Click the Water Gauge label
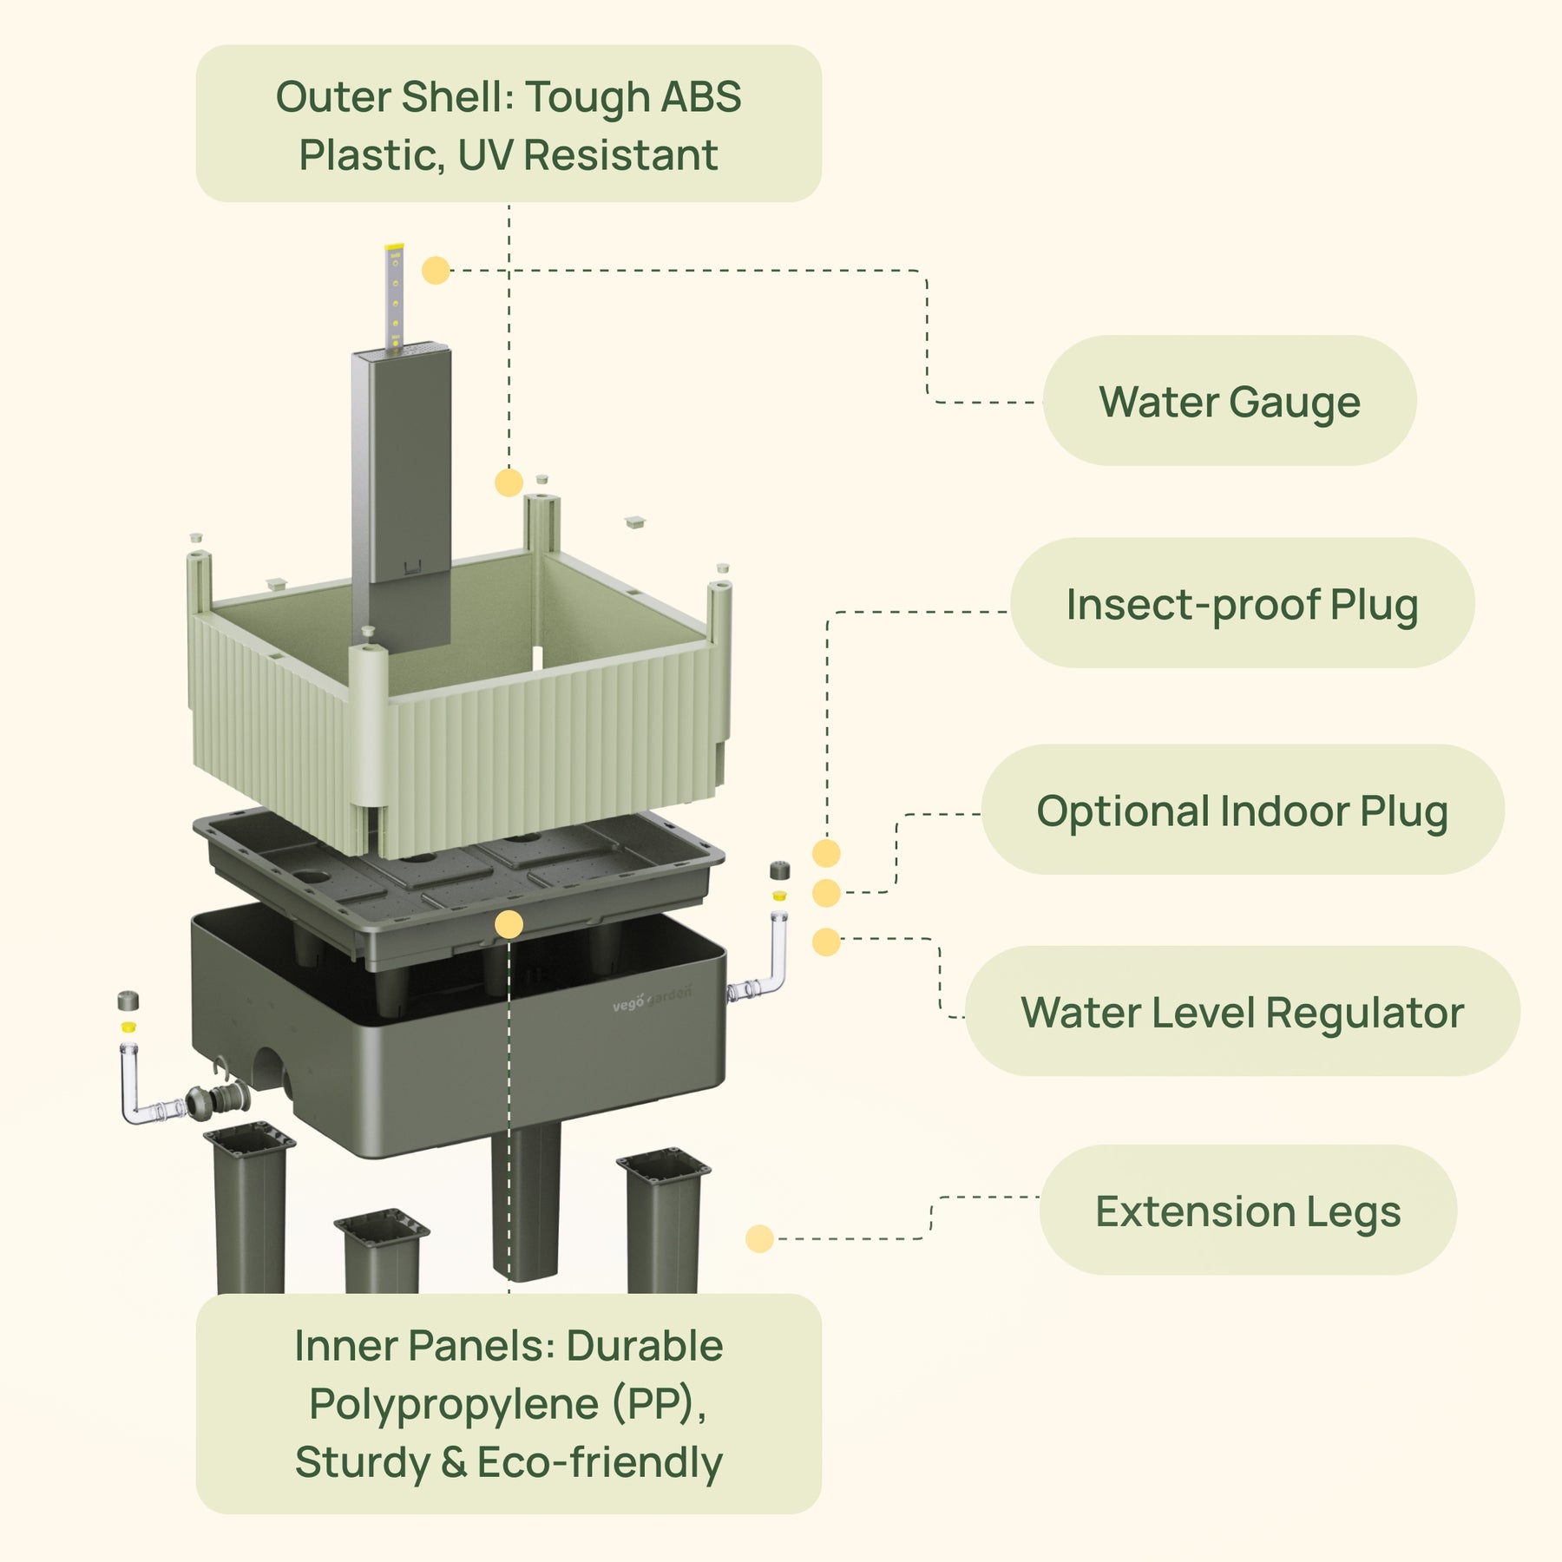pos(1229,402)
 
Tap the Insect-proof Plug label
pos(1242,604)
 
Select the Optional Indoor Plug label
pos(1242,811)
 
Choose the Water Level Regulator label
pos(1242,1012)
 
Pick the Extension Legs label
pos(1247,1211)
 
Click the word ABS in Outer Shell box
pos(700,96)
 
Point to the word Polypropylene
pos(453,1404)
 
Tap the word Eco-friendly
pos(600,1462)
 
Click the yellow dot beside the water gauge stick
pos(436,270)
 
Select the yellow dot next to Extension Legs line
pos(759,1238)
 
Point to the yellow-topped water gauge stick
pos(395,295)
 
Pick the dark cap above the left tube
pos(128,1000)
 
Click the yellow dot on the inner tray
pos(509,924)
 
